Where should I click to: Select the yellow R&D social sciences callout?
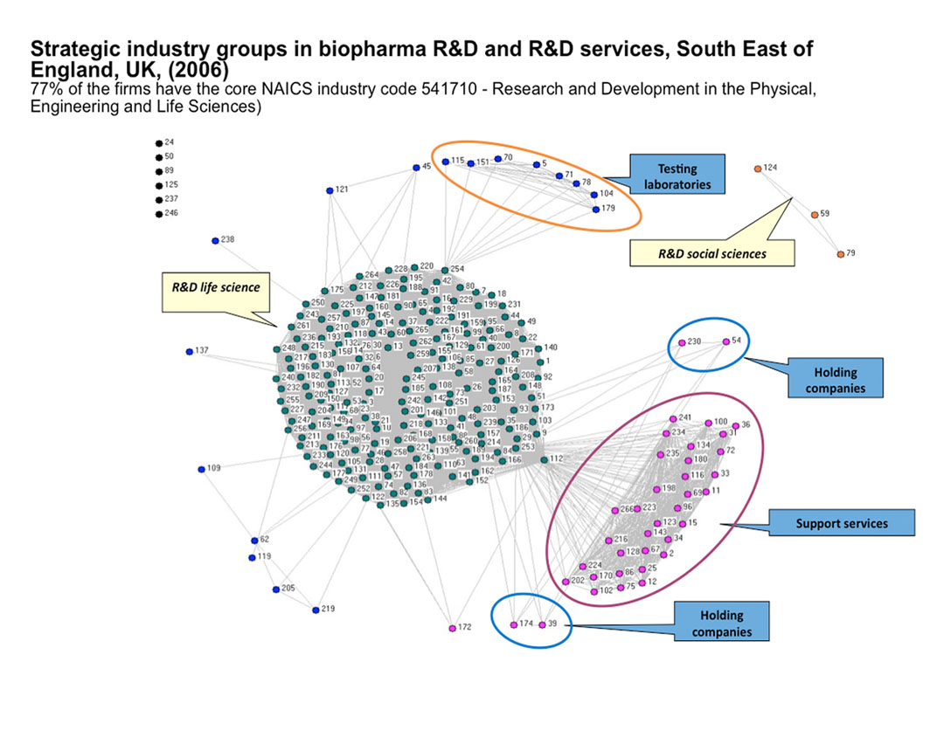pos(711,253)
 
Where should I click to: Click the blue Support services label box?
pos(841,524)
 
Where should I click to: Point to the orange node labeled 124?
pos(757,168)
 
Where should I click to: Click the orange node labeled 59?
pos(814,214)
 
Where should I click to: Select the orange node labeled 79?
pos(840,254)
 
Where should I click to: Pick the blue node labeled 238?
pos(214,240)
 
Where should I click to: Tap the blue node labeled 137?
pos(189,352)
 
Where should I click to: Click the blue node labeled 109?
pos(201,469)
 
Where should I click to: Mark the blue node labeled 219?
pos(316,610)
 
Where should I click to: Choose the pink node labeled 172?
pos(452,628)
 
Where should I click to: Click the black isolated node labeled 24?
pos(158,142)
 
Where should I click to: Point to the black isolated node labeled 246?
pos(158,213)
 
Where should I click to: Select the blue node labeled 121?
pos(330,189)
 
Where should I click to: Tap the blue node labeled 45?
pos(415,167)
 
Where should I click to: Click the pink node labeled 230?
pos(681,342)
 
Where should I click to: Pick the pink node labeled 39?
pos(542,624)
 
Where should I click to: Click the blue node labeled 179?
pos(595,209)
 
